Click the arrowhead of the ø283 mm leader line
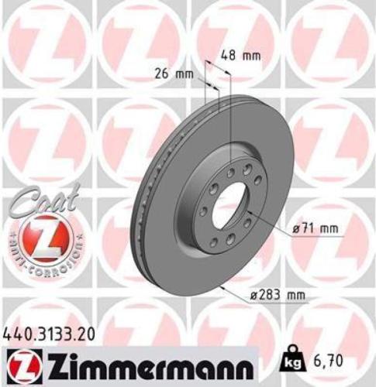(x=223, y=288)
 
